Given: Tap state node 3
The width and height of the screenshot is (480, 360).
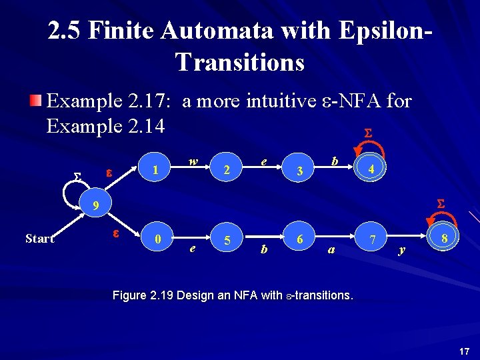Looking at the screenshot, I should click(300, 171).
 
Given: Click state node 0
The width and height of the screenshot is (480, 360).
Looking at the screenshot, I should click(157, 238).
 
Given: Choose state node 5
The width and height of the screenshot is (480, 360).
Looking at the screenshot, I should click(227, 239).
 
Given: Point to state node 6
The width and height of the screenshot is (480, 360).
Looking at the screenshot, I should click(300, 238).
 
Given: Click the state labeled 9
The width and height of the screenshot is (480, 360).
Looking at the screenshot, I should click(96, 207).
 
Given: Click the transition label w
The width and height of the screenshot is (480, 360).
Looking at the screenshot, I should click(193, 161).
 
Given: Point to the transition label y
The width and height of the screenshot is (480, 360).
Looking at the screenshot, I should click(401, 250).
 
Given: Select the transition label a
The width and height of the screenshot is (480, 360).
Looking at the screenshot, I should click(331, 250).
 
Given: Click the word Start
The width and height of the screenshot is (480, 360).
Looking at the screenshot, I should click(39, 239).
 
